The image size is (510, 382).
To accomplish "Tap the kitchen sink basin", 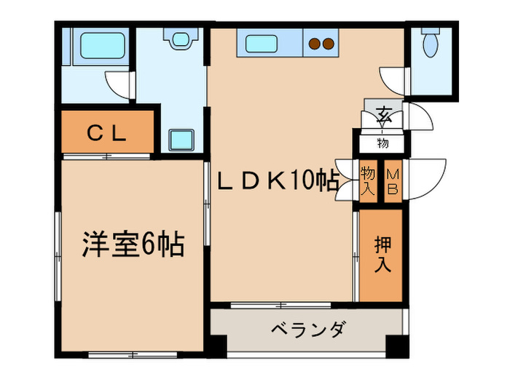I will point(259,44).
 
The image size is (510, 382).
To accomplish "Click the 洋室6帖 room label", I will point(132,245).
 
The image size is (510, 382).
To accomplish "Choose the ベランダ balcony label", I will point(305,330).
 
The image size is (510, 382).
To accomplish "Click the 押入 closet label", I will point(382,255).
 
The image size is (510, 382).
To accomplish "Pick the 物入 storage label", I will point(368,181).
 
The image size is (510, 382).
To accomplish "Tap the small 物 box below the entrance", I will point(382,142).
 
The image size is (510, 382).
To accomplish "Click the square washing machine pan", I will point(180,139).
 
